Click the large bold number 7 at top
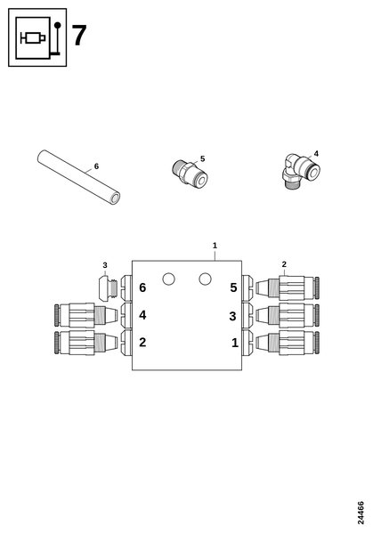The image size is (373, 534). click(79, 36)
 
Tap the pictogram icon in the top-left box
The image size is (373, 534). click(37, 37)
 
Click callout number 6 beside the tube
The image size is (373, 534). click(96, 166)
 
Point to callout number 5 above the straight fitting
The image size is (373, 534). click(203, 158)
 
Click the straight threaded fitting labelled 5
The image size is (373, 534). click(190, 173)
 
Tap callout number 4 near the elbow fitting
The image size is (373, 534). click(316, 154)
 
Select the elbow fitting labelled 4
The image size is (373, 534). click(301, 171)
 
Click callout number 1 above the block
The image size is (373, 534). click(215, 246)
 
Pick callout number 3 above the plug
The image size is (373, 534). click(105, 265)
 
